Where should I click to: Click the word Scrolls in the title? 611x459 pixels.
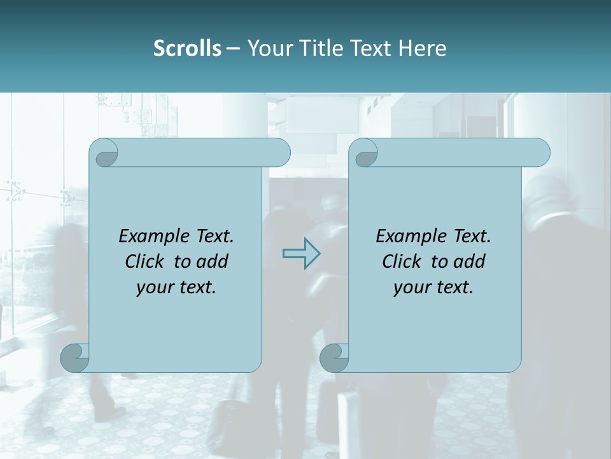[187, 48]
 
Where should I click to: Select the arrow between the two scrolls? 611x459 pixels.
[301, 254]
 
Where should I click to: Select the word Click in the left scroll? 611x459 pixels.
[145, 261]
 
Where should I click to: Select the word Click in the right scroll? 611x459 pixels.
[402, 261]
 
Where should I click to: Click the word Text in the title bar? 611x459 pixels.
[370, 48]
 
